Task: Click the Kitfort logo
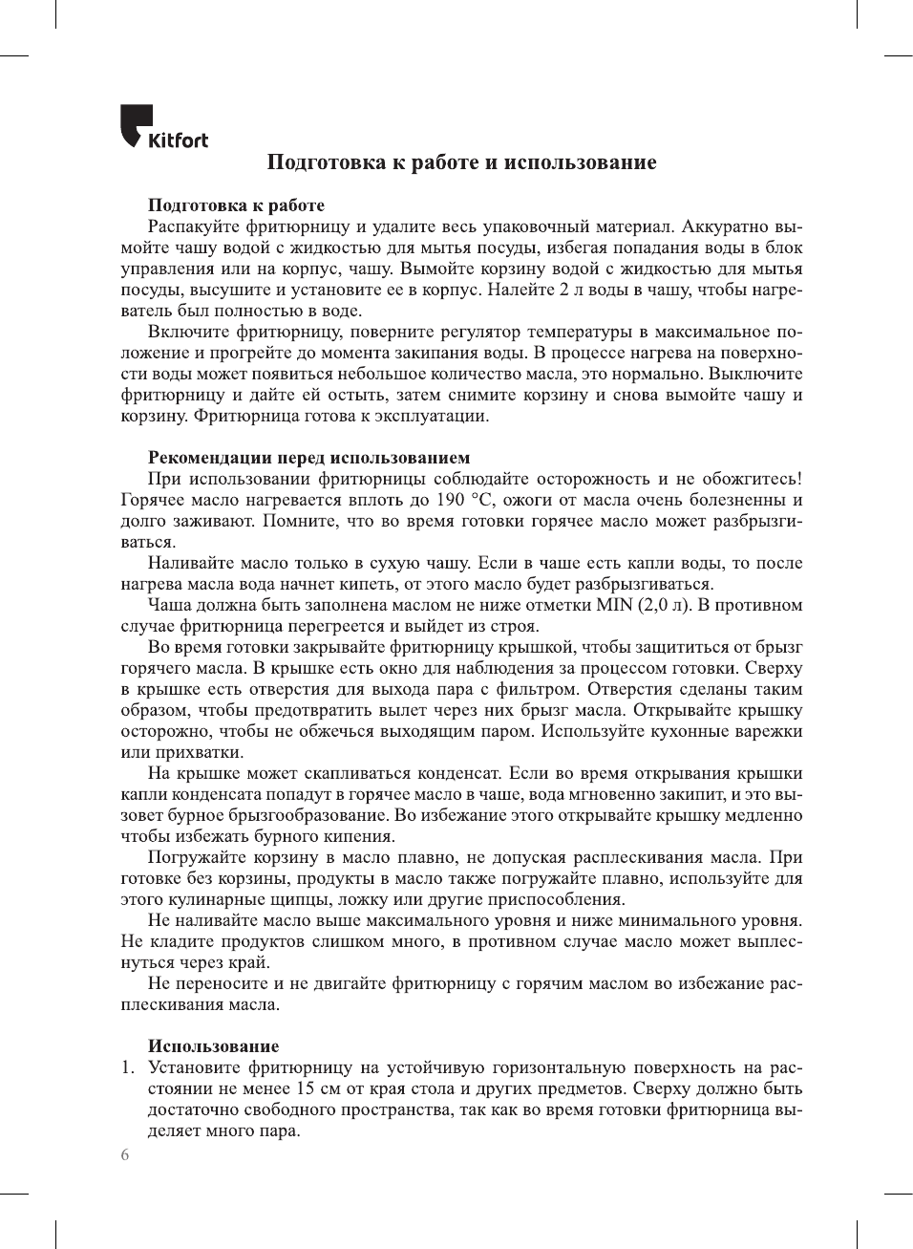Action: [x=163, y=127]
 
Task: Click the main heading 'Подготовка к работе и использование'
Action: [x=461, y=162]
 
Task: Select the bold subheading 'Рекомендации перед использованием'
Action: [x=308, y=458]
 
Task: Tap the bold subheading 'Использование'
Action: [x=213, y=1046]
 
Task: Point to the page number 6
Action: [x=125, y=1154]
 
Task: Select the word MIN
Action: [x=614, y=605]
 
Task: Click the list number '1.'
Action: [x=128, y=1067]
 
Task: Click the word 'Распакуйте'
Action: [x=194, y=226]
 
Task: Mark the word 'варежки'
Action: [x=770, y=731]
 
